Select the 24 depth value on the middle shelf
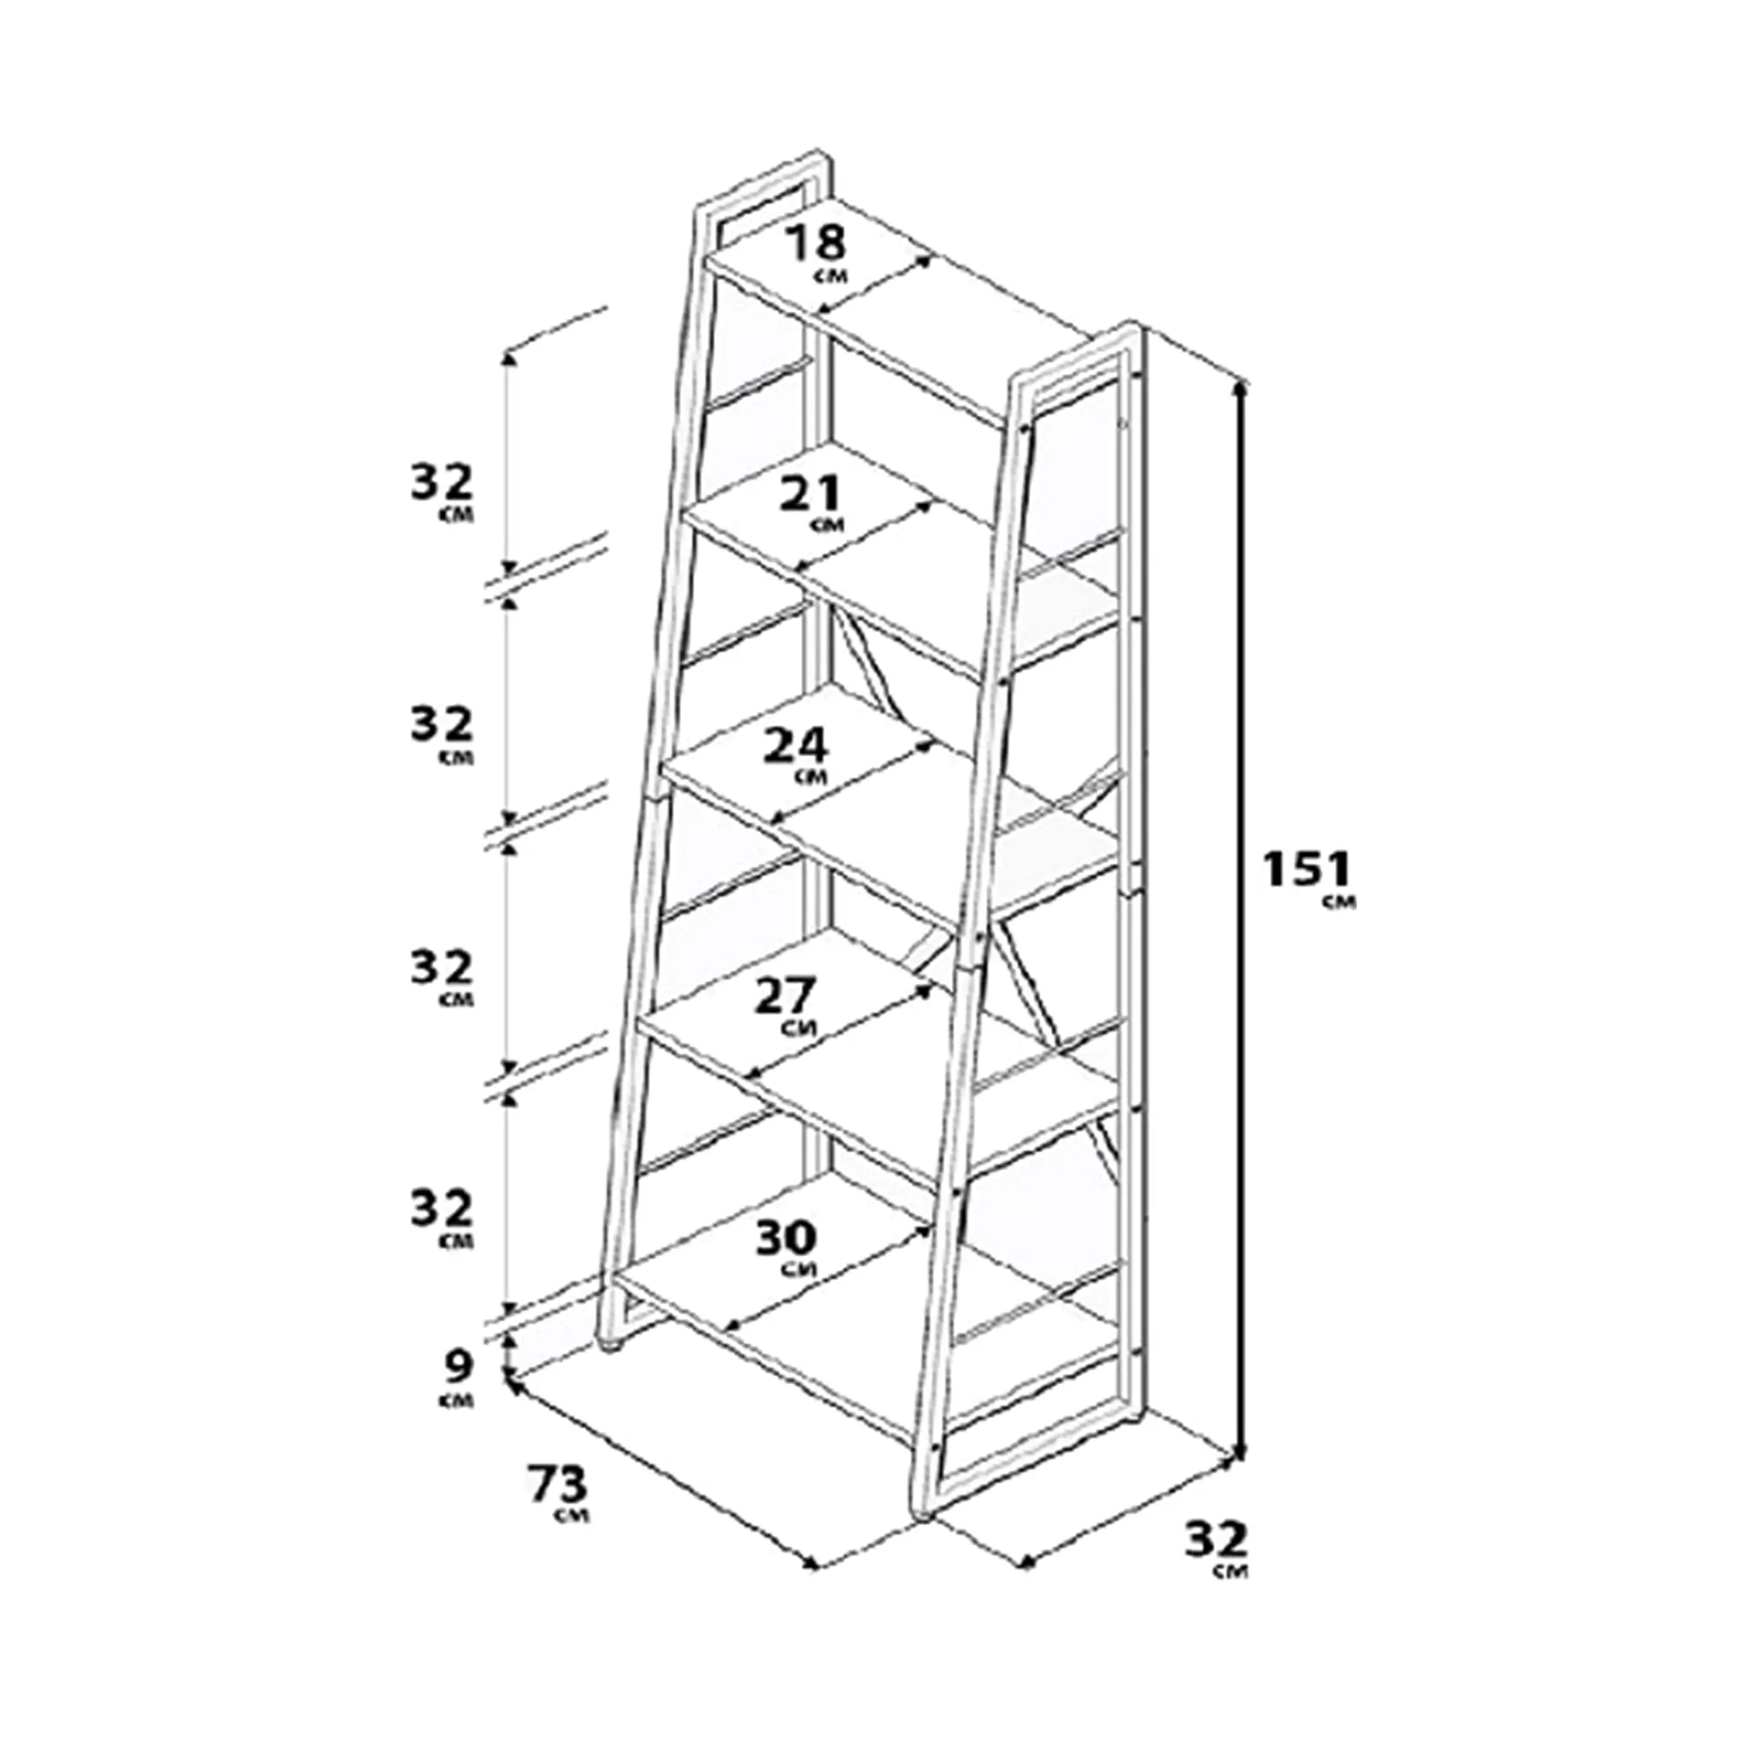coord(795,747)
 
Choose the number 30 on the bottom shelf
coord(786,1238)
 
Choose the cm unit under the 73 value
coord(574,1515)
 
